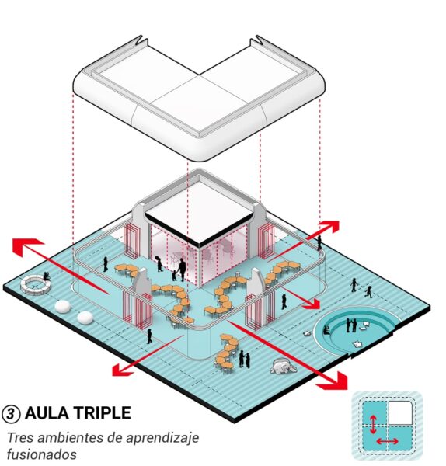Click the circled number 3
pyautogui.click(x=11, y=413)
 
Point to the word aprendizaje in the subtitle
pyautogui.click(x=162, y=439)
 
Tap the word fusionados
pyautogui.click(x=42, y=454)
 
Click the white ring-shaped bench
pyautogui.click(x=35, y=285)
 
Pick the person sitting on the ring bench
pyautogui.click(x=46, y=276)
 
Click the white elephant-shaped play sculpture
pyautogui.click(x=283, y=366)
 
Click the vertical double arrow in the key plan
pyautogui.click(x=374, y=424)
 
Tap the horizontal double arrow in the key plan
pyautogui.click(x=387, y=441)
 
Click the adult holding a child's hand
pyautogui.click(x=182, y=270)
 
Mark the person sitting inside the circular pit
pyautogui.click(x=326, y=330)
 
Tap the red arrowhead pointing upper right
pyautogui.click(x=329, y=227)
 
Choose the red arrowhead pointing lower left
pyautogui.click(x=123, y=370)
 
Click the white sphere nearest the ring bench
pyautogui.click(x=63, y=307)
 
